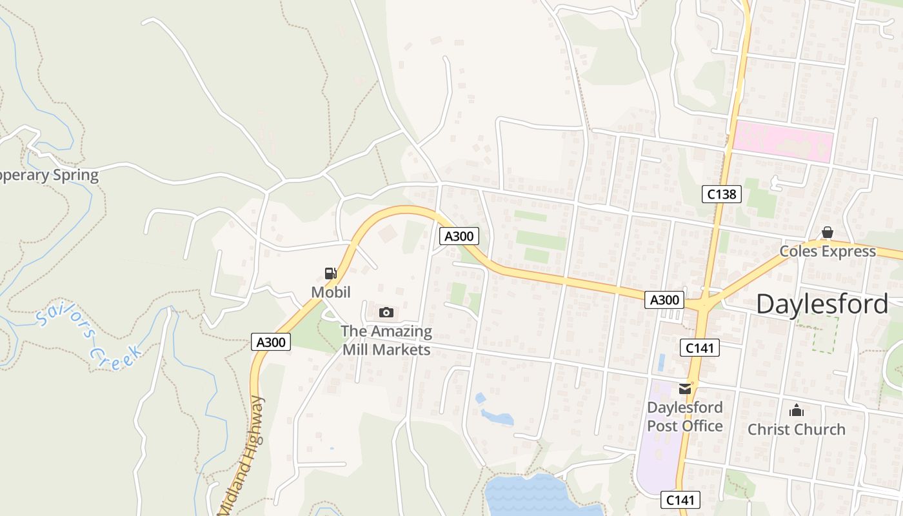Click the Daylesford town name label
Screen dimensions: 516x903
point(822,304)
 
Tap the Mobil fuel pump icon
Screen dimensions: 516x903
point(331,273)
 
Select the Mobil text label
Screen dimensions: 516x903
point(331,292)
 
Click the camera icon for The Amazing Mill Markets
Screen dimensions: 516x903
point(386,313)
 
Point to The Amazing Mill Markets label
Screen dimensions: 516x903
point(386,341)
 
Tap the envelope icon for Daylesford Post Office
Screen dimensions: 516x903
point(684,389)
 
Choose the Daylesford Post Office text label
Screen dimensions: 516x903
point(684,417)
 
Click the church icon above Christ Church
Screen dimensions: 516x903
point(797,410)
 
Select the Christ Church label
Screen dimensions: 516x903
point(797,430)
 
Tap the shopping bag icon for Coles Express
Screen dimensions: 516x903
point(828,232)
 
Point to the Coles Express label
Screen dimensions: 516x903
point(828,251)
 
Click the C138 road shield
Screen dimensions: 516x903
point(722,193)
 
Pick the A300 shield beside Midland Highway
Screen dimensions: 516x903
point(271,342)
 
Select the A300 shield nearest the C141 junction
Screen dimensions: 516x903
point(664,300)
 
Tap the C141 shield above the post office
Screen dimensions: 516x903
point(699,348)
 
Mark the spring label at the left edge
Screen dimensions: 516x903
point(48,175)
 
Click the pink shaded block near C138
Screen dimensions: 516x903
point(782,141)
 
